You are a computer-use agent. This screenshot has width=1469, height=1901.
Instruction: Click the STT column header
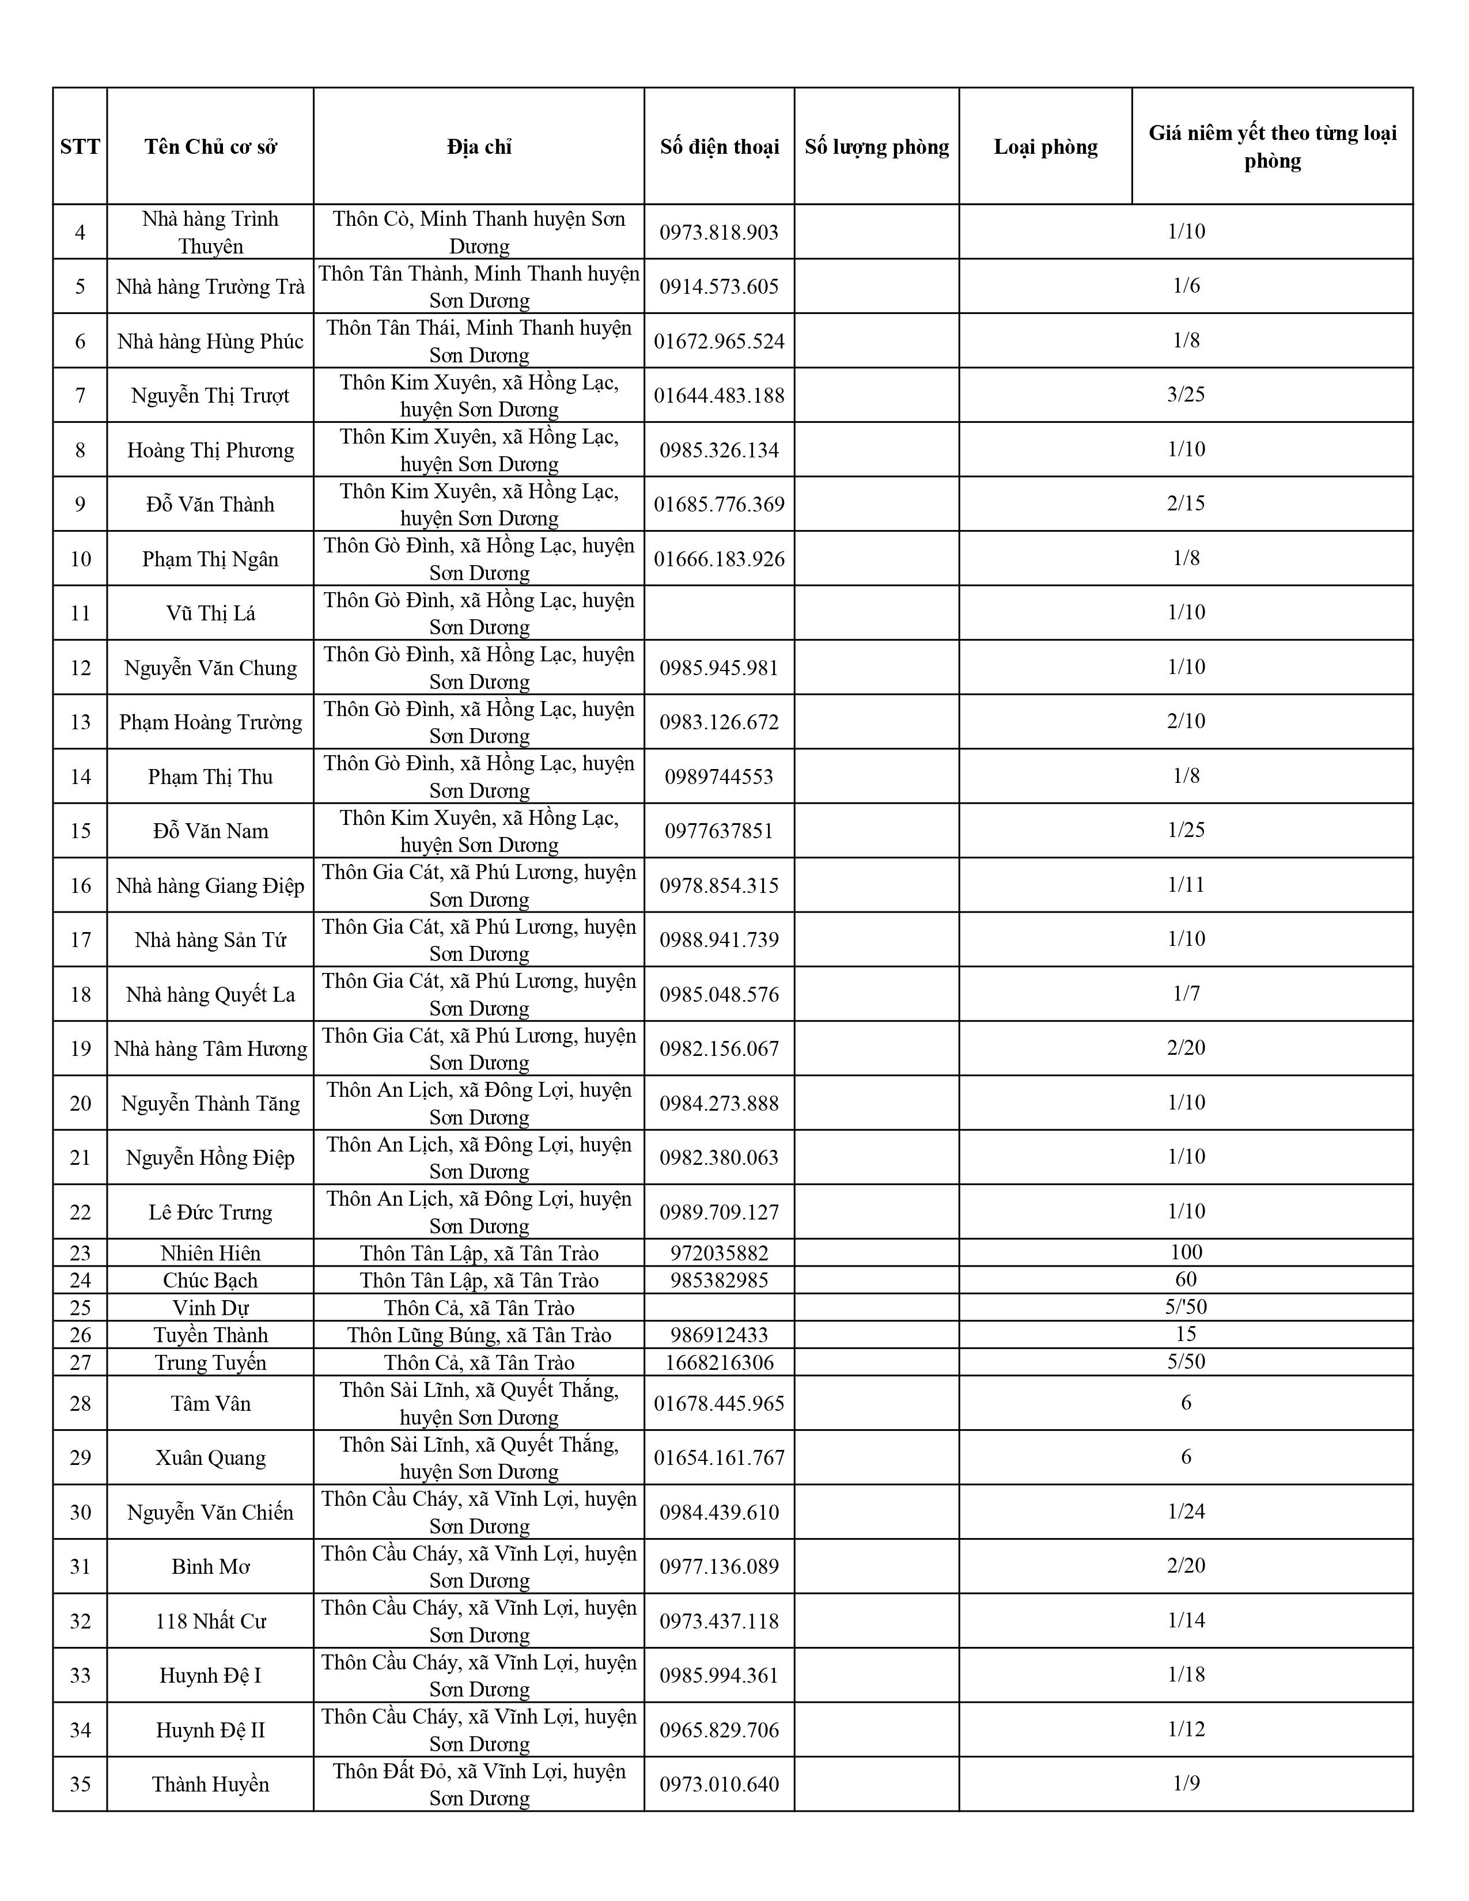80,146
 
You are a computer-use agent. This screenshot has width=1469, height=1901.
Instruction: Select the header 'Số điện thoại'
719,146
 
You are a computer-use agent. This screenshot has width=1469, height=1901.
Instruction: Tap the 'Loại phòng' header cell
1045,146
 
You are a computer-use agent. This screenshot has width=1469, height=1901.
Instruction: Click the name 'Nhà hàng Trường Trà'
211,286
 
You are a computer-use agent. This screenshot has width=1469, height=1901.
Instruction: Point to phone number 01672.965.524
719,341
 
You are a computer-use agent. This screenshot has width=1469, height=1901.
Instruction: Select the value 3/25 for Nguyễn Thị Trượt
1186,394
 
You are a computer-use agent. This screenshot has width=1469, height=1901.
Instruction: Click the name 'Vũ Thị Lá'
211,614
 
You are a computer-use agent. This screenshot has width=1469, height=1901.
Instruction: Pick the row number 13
80,722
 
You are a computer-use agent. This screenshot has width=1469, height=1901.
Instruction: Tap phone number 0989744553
719,777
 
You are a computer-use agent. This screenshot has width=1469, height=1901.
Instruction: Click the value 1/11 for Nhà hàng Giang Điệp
1186,884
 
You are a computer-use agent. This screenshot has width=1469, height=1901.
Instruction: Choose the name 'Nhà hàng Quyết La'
211,994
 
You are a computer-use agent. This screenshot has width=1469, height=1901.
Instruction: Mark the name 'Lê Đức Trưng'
211,1211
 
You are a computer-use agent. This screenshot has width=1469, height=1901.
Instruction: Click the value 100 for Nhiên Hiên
1186,1252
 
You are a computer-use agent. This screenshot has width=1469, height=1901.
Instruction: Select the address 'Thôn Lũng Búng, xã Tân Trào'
479,1334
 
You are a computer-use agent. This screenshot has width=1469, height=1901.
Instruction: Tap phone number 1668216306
719,1362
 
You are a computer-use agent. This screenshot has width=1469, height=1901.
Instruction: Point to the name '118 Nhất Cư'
211,1620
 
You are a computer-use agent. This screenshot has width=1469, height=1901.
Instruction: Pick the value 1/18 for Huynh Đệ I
1186,1674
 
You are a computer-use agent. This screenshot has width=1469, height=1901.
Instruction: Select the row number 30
80,1512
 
